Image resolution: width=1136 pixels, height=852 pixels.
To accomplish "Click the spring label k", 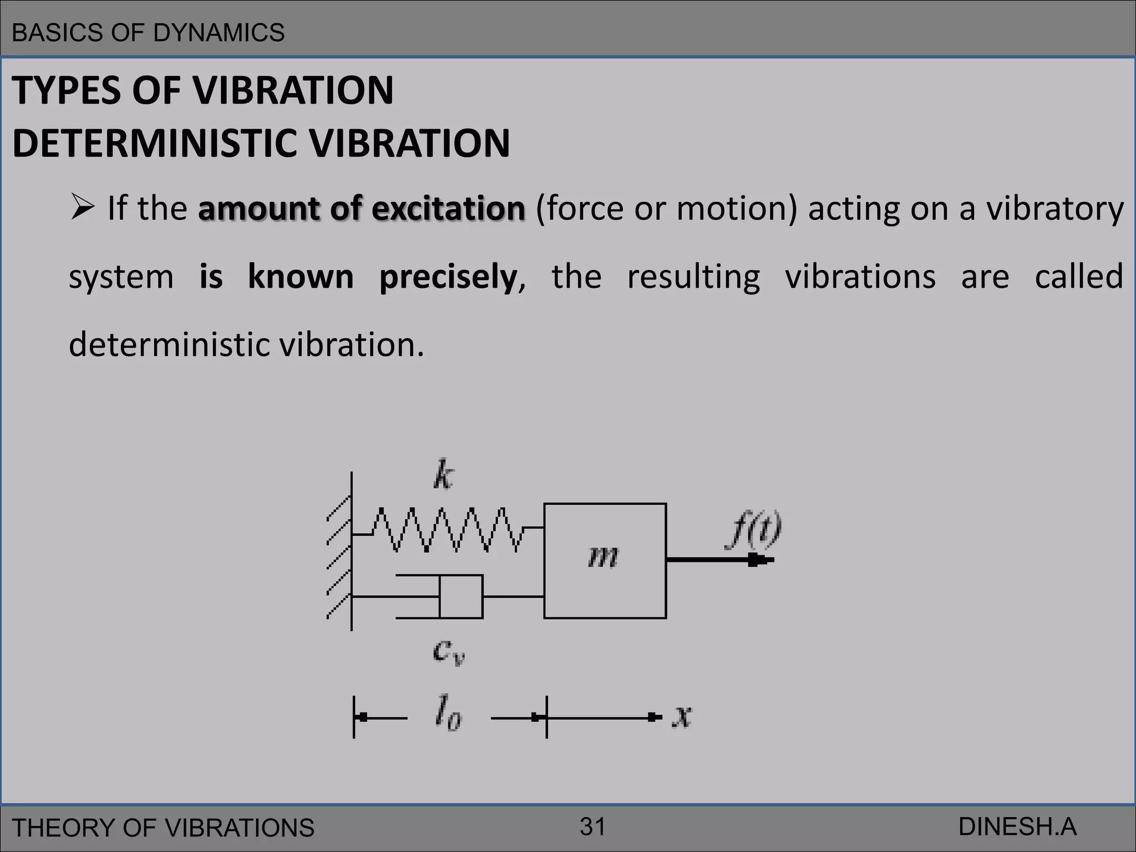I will pos(443,475).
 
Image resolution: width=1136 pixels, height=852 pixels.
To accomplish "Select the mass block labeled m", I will pos(605,561).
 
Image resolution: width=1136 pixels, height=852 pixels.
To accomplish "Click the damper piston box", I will pos(461,596).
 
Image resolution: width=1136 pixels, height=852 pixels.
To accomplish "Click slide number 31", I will pos(592,826).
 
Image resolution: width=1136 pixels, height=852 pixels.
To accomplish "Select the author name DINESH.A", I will pos(1017,826).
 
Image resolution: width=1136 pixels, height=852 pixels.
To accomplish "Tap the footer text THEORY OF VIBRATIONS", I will pos(163,828).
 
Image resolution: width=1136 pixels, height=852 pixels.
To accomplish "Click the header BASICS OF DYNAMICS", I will pos(148,33).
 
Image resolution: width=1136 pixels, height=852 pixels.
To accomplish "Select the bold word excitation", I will pos(448,209).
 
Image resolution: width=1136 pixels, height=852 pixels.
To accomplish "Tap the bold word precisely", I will pos(448,277).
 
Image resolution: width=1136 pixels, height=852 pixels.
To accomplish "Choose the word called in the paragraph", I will pos(1079,277).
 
